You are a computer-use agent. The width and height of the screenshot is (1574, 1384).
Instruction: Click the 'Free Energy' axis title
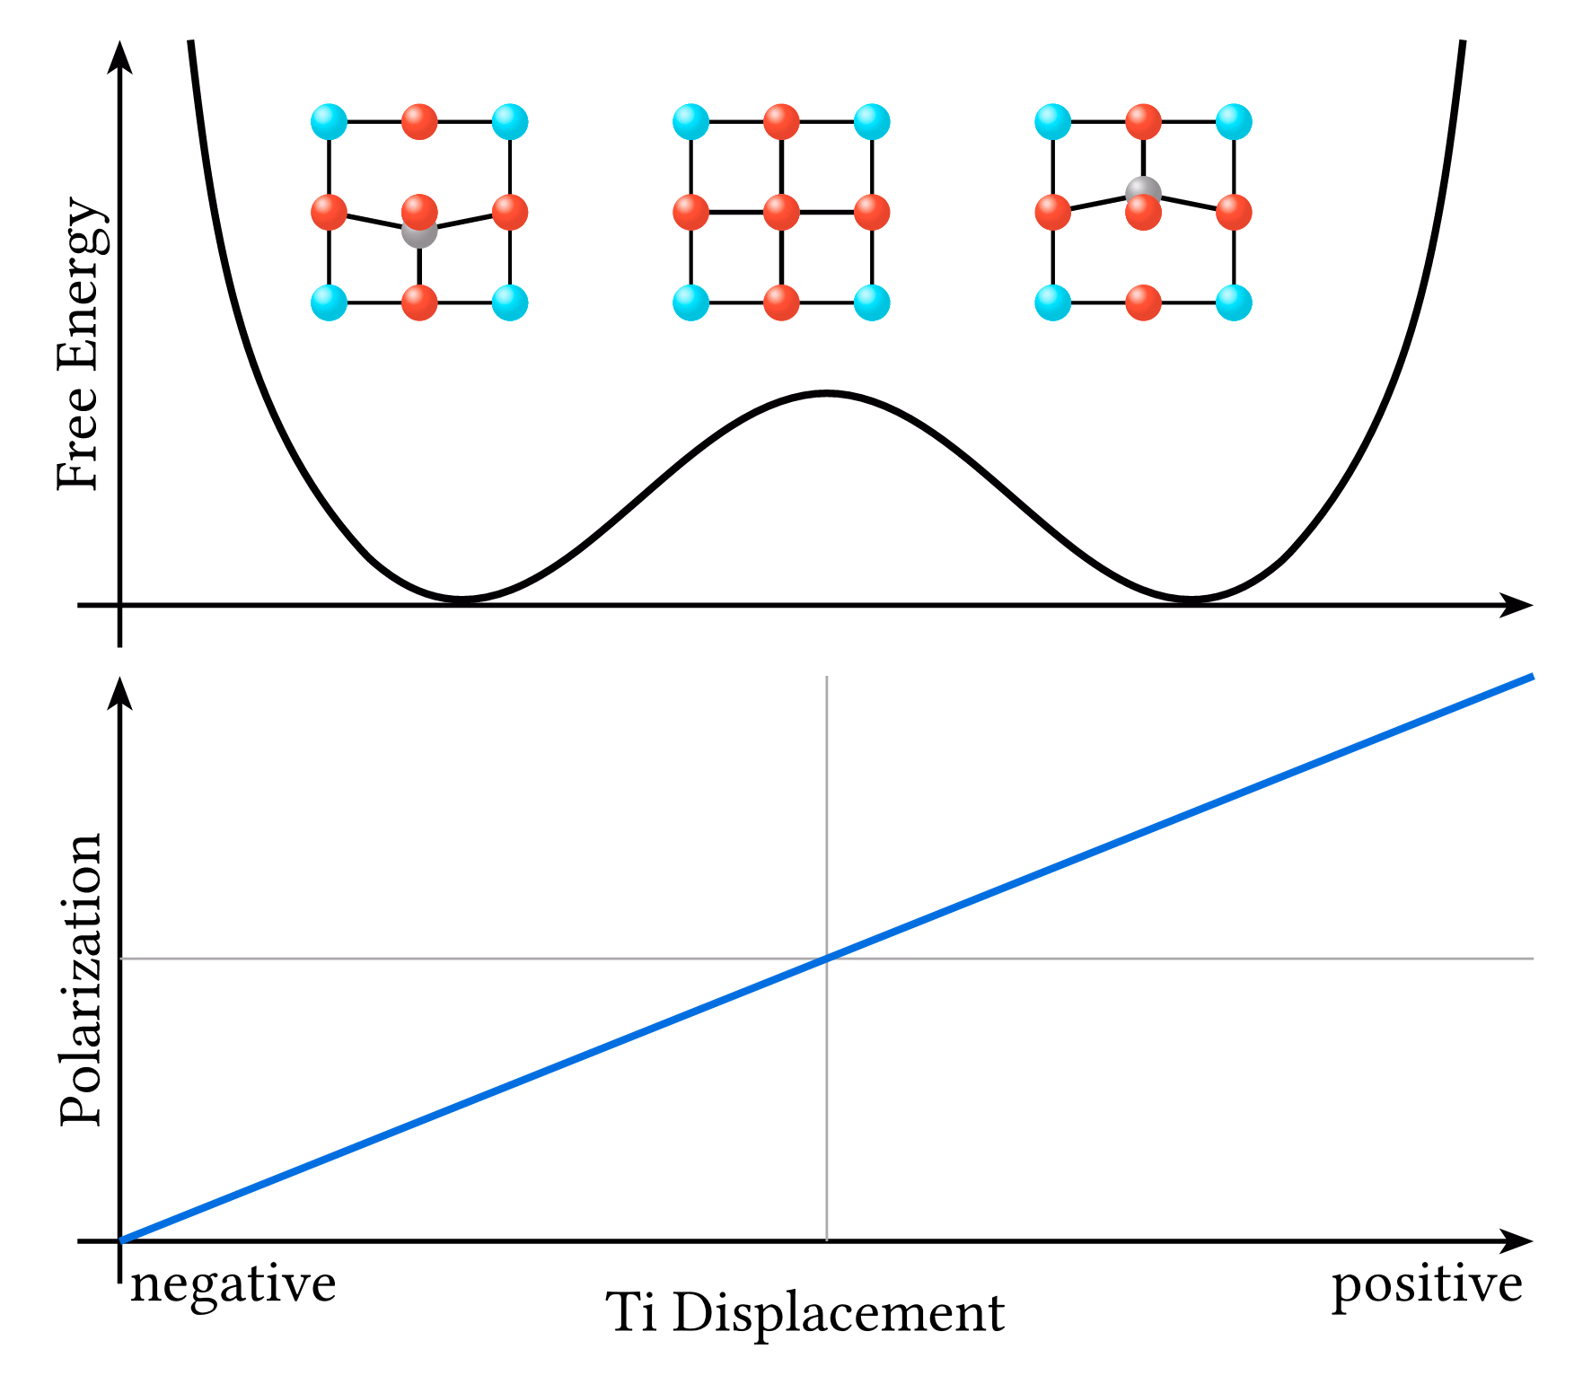81,344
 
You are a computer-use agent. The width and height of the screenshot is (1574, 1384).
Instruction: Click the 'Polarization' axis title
81,979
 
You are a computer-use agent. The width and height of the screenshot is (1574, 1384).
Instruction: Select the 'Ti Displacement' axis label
805,1314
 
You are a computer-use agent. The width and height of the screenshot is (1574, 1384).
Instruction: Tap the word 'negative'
233,1283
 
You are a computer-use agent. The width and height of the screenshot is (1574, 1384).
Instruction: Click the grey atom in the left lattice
419,232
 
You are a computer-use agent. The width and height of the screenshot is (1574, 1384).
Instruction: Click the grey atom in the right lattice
1143,192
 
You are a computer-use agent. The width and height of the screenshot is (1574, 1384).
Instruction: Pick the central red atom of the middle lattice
781,213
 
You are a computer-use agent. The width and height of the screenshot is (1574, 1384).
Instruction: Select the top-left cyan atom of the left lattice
330,122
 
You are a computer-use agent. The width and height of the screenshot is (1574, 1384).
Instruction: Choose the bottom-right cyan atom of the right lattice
1234,302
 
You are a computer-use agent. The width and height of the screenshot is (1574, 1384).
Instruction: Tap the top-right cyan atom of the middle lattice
872,122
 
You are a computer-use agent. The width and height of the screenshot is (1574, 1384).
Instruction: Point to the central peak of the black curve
827,393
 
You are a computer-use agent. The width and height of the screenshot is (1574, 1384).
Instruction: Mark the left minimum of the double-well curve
461,598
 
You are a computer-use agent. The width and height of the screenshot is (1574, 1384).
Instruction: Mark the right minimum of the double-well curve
1191,598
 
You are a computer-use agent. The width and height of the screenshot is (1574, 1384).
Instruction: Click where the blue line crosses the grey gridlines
827,959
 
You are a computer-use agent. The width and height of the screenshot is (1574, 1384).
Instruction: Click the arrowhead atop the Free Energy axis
119,56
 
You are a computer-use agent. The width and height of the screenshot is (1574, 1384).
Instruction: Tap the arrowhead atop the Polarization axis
119,692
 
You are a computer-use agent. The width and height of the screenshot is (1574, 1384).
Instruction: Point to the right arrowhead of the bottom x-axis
1517,1241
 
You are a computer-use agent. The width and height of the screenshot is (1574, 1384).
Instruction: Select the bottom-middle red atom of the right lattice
1143,302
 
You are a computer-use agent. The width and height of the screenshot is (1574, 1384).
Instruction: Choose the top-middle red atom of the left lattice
419,122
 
